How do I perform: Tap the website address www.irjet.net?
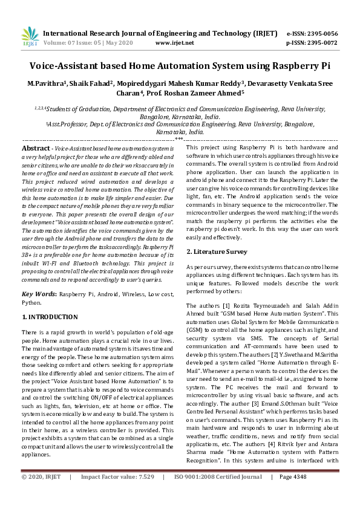point(174,43)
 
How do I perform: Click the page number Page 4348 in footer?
point(293,494)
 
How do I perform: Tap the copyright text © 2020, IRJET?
point(41,494)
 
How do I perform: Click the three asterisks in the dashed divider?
point(180,140)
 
